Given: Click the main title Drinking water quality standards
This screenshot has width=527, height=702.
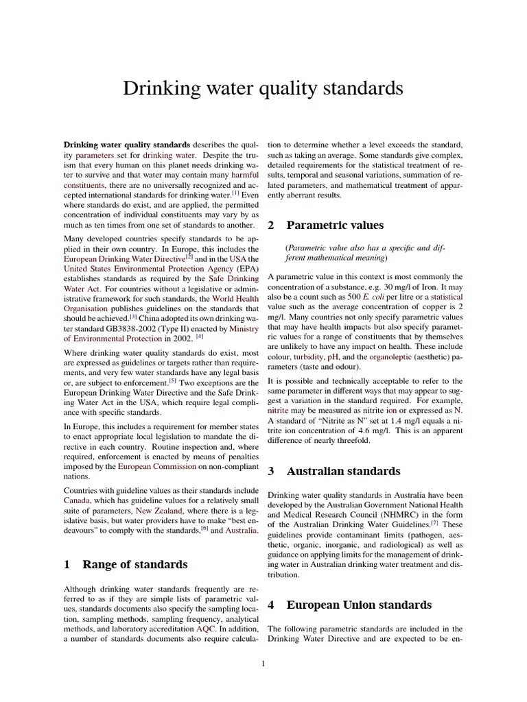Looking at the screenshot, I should (263, 88).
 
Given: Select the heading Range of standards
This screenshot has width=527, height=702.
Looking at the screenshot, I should (134, 564).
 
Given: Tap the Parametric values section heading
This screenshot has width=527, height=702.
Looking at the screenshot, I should (334, 225).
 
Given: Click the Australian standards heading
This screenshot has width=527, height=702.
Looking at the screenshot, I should (343, 471).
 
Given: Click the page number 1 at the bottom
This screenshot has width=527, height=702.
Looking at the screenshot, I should (263, 663).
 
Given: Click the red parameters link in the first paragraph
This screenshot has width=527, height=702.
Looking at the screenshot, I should (95, 156).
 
